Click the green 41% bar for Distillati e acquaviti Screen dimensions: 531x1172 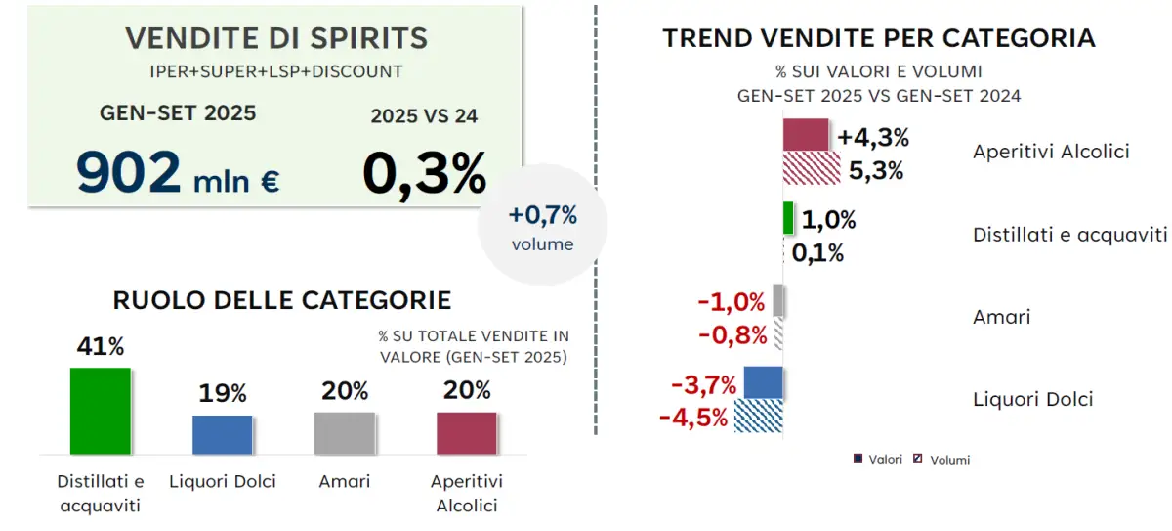click(x=100, y=411)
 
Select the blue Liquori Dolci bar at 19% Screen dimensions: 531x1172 click(x=222, y=434)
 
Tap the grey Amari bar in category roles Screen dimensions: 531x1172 click(x=344, y=433)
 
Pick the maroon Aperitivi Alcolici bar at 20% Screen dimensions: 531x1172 click(x=466, y=433)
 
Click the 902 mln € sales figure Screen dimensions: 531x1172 click(x=178, y=174)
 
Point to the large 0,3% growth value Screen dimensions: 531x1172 click(x=424, y=174)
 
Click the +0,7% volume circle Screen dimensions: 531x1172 click(x=542, y=225)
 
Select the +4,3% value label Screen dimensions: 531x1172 click(x=873, y=137)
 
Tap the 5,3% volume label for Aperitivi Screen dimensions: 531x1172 click(x=875, y=170)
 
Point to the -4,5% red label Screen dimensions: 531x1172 click(x=693, y=418)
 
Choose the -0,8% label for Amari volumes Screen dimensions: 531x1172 click(x=732, y=335)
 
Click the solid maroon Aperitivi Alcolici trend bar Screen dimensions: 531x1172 click(x=806, y=135)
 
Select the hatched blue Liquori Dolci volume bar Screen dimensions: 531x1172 click(x=758, y=416)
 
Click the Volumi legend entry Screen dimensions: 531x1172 click(x=942, y=459)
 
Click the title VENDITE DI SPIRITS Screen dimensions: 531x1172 click(x=276, y=39)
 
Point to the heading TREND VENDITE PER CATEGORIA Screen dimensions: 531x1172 click(x=879, y=38)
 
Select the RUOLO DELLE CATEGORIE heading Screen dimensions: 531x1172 click(x=282, y=299)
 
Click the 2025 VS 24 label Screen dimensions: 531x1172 click(x=424, y=115)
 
